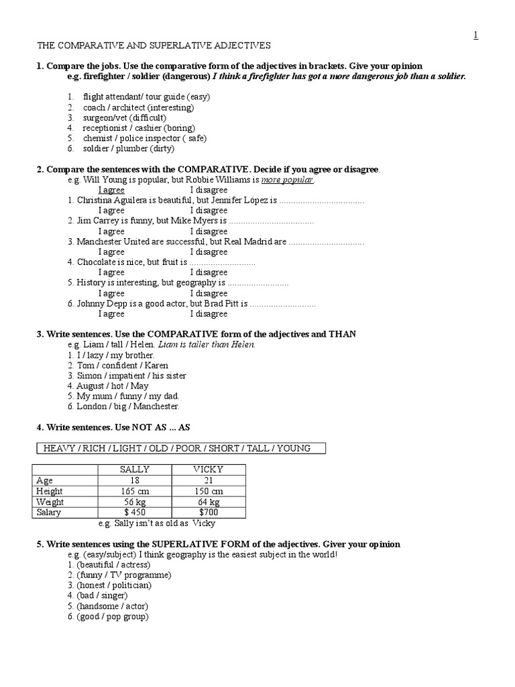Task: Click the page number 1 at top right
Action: [475, 36]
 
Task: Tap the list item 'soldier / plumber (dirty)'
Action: [121, 148]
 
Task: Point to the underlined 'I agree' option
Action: [111, 190]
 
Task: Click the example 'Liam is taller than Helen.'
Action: [207, 344]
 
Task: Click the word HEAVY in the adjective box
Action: [59, 448]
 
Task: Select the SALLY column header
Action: [135, 470]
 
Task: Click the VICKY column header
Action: [209, 470]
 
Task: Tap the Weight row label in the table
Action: [50, 502]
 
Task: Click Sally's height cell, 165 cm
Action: [135, 491]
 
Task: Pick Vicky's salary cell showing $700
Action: [209, 513]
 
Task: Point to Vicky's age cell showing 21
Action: [209, 480]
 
